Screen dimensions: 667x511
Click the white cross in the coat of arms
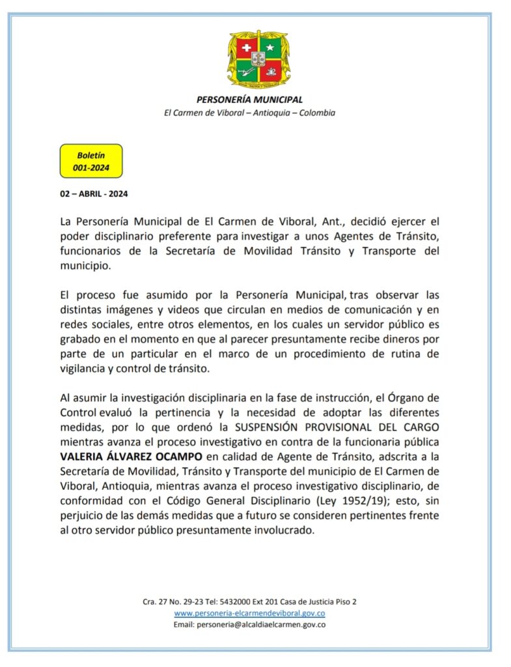coord(246,49)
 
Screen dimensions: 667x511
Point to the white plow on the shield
coord(245,72)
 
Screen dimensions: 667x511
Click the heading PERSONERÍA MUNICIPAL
coord(249,100)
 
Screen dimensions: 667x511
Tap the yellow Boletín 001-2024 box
coord(91,161)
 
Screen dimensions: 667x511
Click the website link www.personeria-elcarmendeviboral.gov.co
coord(249,613)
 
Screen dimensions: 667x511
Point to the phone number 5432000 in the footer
coord(232,602)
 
